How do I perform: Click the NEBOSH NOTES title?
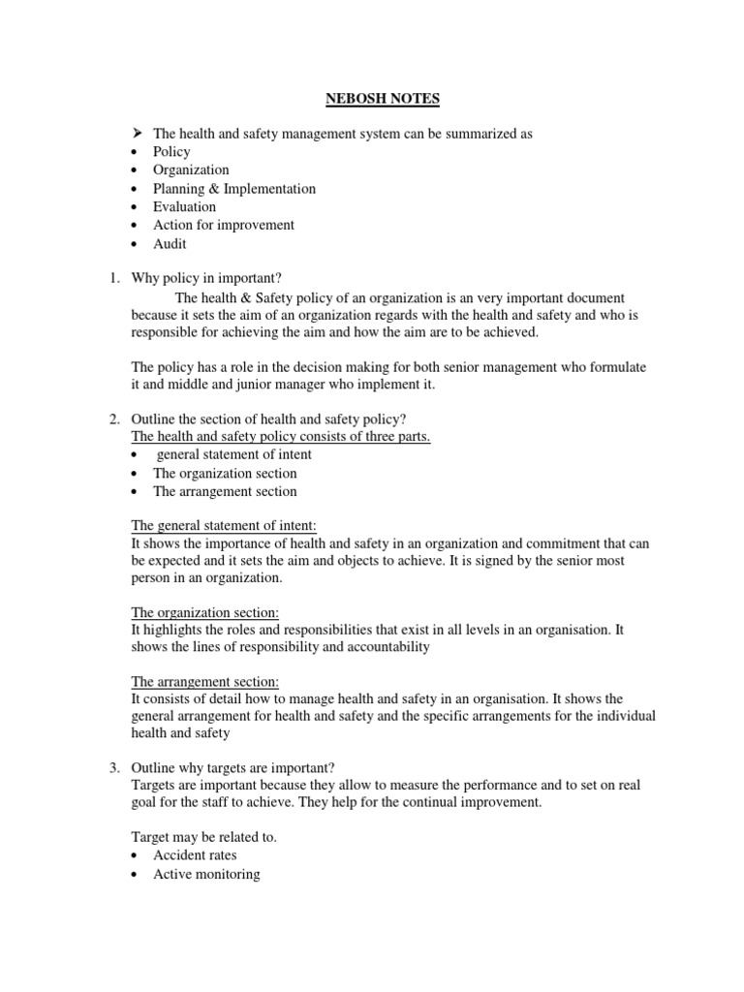[372, 98]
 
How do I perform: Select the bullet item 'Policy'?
[171, 152]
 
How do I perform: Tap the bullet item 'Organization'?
[191, 170]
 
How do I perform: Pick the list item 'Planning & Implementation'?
[233, 189]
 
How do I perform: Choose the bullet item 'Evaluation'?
[184, 207]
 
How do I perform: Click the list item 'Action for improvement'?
[223, 226]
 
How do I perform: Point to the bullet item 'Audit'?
[170, 244]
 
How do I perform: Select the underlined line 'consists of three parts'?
[281, 437]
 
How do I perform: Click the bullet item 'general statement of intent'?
[233, 455]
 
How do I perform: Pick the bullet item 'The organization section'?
[225, 474]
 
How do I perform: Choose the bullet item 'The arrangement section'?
[225, 492]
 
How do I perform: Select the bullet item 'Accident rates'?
[194, 856]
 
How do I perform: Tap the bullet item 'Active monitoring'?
[206, 875]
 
